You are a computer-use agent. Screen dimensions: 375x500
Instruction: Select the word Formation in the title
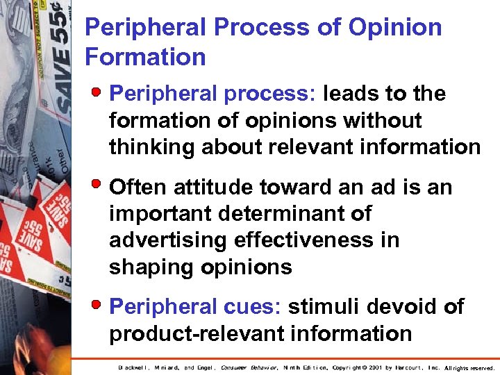click(145, 56)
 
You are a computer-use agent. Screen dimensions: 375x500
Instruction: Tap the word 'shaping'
click(149, 267)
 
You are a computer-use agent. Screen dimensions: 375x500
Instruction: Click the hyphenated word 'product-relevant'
click(188, 333)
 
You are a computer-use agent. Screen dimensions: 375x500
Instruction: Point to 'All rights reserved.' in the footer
click(469, 367)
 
